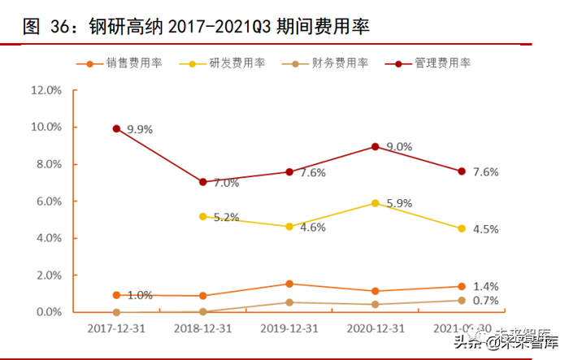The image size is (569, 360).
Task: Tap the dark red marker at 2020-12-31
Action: [x=376, y=146]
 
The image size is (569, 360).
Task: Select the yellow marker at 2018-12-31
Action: [x=202, y=217]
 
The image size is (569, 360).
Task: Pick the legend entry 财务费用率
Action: [x=340, y=63]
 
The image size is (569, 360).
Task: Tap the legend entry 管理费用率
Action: [x=442, y=63]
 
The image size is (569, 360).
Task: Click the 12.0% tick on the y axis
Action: [x=46, y=89]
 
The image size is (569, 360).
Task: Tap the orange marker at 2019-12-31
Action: [x=289, y=284]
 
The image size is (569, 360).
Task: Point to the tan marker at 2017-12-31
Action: [x=116, y=312]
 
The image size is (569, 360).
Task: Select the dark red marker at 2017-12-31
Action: [x=116, y=128]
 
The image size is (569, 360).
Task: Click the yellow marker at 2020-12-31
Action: [x=376, y=203]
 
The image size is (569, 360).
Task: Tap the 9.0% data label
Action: [x=399, y=147]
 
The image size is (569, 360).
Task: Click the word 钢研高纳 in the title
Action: [x=132, y=26]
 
